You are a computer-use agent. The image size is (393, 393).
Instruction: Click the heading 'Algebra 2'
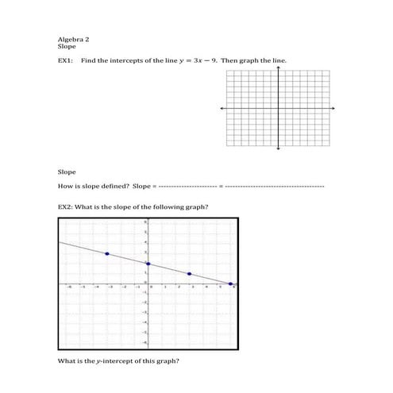72,38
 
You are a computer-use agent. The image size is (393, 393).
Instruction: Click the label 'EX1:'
66,60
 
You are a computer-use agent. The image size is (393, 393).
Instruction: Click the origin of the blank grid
278,107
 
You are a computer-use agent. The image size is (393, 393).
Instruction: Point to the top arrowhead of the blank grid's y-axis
278,67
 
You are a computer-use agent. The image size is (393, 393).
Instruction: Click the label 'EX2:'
66,207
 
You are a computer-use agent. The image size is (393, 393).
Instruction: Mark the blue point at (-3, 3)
107,253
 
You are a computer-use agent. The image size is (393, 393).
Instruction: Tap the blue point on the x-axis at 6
230,283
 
